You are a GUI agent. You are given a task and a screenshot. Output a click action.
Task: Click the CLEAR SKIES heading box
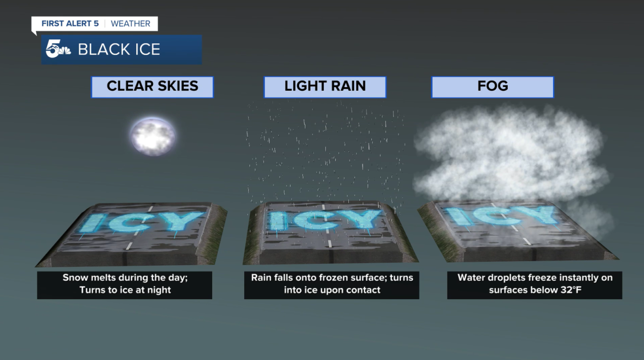(x=152, y=87)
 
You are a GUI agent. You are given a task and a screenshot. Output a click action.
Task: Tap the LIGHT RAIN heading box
(x=325, y=87)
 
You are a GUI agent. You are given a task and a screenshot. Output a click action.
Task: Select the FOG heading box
(x=493, y=87)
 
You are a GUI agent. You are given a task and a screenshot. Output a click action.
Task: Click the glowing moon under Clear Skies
(x=152, y=136)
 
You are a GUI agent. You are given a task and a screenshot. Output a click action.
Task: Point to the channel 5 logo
(x=57, y=49)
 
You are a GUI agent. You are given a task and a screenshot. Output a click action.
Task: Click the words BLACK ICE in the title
(x=119, y=49)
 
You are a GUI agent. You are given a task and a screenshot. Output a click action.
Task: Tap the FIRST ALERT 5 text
(x=70, y=24)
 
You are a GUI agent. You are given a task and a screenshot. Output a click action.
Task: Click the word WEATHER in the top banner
(x=130, y=24)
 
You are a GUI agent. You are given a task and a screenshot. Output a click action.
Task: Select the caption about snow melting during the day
(x=125, y=284)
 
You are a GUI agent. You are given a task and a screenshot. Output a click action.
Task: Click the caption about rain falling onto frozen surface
(x=332, y=284)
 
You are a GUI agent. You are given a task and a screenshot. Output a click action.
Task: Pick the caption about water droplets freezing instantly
(x=534, y=284)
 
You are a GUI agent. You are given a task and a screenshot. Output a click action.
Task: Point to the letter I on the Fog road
(x=458, y=215)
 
